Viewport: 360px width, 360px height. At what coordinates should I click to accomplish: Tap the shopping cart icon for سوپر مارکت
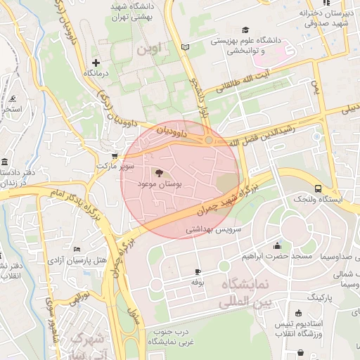115,156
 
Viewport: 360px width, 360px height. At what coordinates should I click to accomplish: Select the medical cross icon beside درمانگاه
97,63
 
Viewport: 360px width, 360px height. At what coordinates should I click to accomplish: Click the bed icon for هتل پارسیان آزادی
77,250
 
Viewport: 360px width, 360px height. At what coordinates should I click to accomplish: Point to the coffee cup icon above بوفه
198,271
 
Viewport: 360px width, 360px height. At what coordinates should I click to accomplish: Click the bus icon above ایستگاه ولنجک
319,188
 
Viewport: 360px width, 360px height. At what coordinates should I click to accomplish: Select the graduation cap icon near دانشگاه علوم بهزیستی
245,30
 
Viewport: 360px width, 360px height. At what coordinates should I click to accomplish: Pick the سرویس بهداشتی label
214,230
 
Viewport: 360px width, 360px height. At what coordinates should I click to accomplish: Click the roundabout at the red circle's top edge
209,141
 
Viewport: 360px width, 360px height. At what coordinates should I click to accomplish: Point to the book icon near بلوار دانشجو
185,47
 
